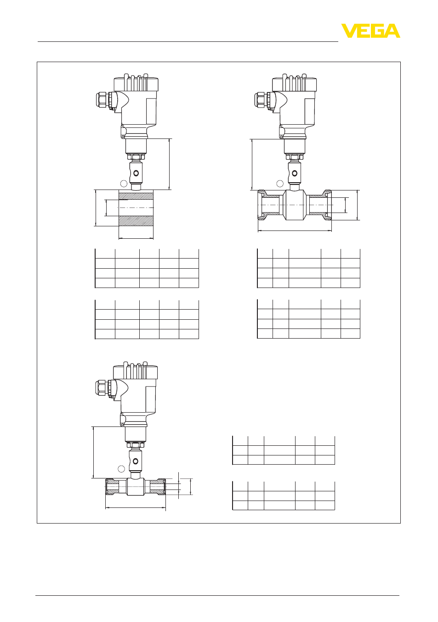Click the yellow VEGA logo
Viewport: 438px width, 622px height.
(x=370, y=31)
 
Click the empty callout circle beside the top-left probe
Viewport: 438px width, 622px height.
(x=124, y=184)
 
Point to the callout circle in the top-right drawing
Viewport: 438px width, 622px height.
(x=280, y=184)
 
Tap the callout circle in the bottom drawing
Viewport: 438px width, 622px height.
(x=121, y=469)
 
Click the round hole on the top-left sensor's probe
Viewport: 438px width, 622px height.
(x=136, y=173)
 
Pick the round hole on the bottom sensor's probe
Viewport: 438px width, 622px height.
(x=136, y=461)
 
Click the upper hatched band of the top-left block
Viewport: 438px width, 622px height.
(x=136, y=196)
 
